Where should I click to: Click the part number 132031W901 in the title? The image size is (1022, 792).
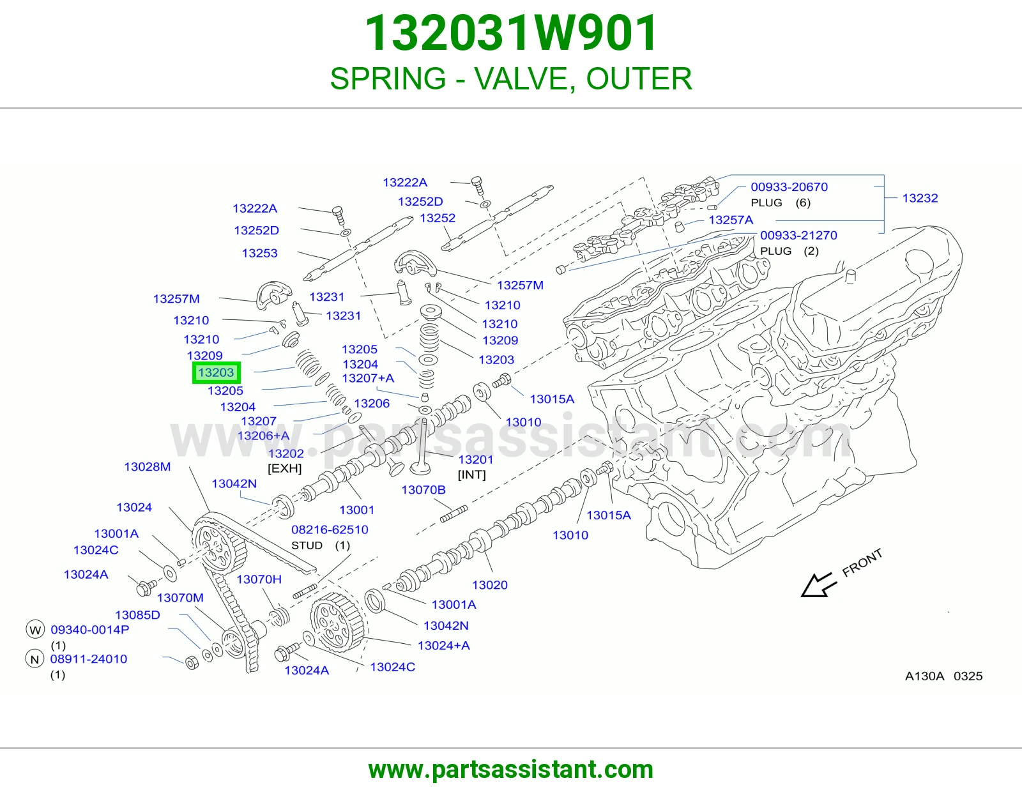(511, 33)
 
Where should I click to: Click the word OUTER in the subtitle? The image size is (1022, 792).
(639, 79)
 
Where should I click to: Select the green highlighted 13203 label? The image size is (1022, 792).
(216, 372)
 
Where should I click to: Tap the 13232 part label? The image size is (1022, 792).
(919, 198)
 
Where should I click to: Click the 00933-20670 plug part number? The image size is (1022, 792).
(789, 187)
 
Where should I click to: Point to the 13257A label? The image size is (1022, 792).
(730, 220)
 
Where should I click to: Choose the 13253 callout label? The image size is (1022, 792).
(259, 253)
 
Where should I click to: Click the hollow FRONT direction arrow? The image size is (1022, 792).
(819, 585)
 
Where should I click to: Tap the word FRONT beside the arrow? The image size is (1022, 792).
(862, 563)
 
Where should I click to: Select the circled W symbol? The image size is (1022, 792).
(34, 630)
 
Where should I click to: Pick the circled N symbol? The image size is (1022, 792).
(34, 659)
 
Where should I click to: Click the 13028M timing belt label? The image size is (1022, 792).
(147, 466)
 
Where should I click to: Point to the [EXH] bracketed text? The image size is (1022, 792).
(284, 468)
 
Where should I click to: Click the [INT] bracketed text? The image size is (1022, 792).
(472, 475)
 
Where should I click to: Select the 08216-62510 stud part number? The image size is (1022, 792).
(330, 529)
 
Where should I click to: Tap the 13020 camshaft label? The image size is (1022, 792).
(489, 584)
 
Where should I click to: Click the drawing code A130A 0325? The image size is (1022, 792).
(944, 676)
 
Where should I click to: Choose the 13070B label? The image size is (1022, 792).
(423, 490)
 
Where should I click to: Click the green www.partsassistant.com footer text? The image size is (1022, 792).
(511, 770)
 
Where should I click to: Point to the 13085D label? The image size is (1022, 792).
(137, 614)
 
